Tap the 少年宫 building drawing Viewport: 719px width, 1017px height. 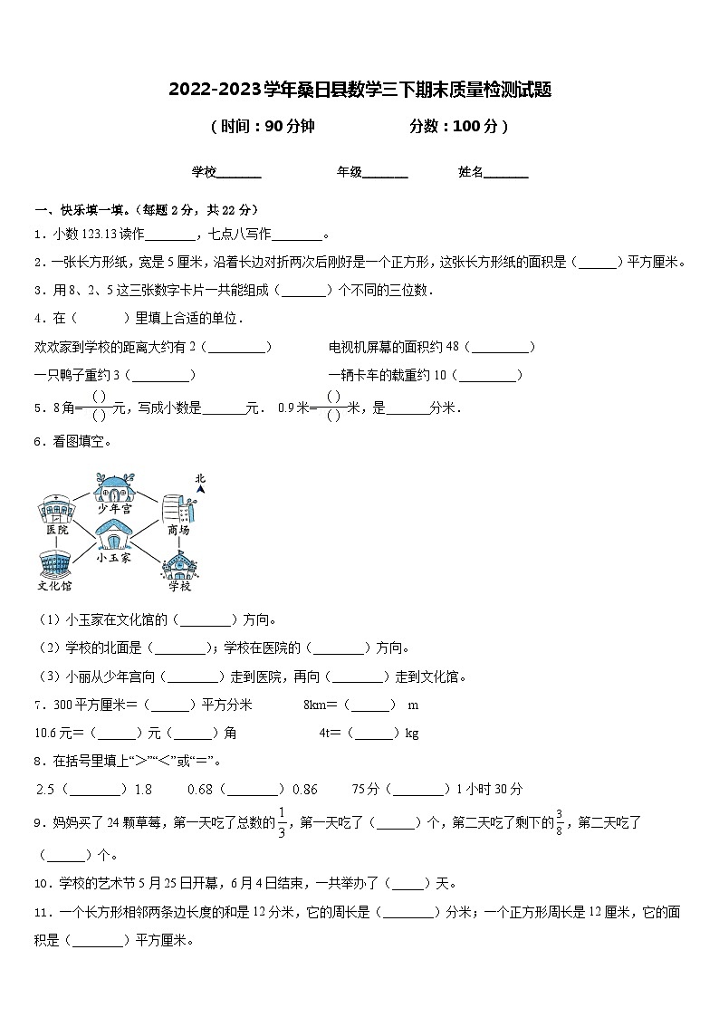(x=115, y=489)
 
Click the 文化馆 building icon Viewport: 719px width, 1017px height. (x=54, y=563)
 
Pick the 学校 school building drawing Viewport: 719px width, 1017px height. (x=178, y=565)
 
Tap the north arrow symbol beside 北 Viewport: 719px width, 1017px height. (x=201, y=491)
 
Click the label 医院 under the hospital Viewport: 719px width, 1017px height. (x=56, y=530)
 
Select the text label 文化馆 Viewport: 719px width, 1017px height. (x=54, y=586)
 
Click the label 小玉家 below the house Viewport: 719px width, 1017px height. (x=114, y=558)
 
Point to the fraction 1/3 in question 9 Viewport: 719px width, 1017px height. (x=282, y=822)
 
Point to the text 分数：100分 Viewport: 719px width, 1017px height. (x=454, y=127)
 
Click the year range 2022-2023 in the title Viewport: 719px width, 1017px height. (x=214, y=90)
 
